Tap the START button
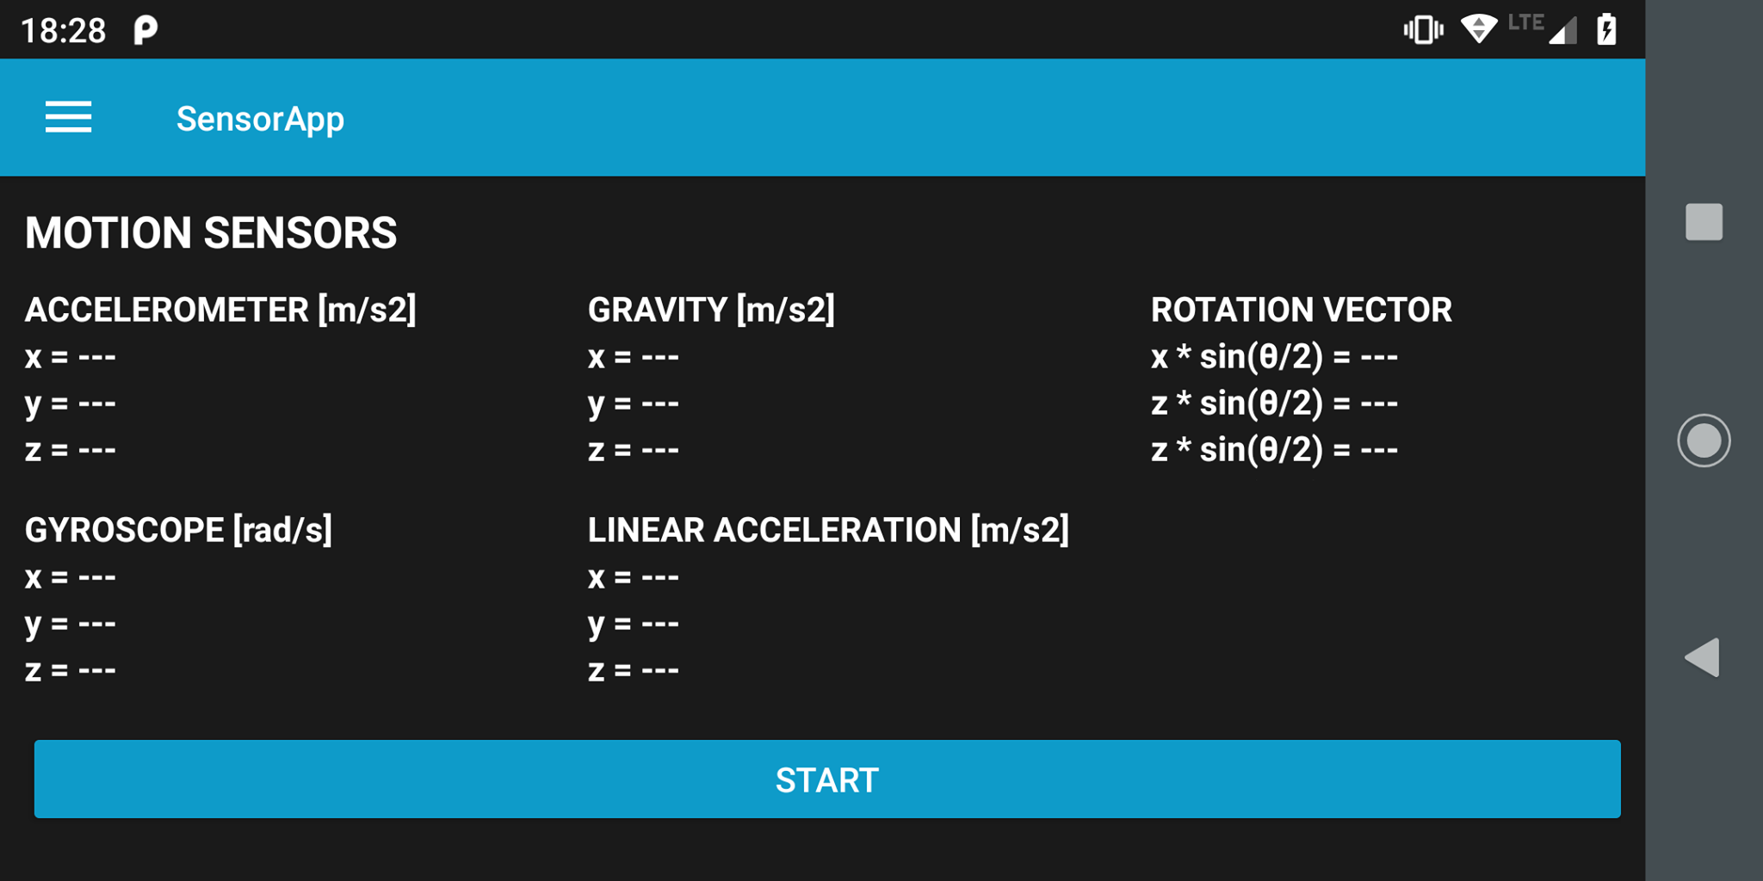(x=826, y=779)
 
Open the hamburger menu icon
(x=68, y=117)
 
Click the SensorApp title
(x=260, y=119)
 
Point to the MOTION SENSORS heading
(x=211, y=233)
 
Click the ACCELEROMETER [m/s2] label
(x=220, y=310)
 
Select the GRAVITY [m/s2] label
(x=711, y=310)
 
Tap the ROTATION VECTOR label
(x=1301, y=310)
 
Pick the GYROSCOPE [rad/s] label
(x=178, y=530)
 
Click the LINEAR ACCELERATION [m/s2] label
(x=828, y=530)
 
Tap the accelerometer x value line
(x=71, y=357)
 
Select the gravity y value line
(x=634, y=404)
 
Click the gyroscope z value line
(x=71, y=670)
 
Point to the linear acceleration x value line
(x=634, y=577)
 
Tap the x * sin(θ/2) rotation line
(x=1274, y=357)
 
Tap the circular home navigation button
(x=1704, y=440)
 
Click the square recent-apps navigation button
(x=1704, y=222)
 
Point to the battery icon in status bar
(x=1606, y=29)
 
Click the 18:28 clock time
(x=63, y=31)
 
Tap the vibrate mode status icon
(x=1423, y=29)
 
